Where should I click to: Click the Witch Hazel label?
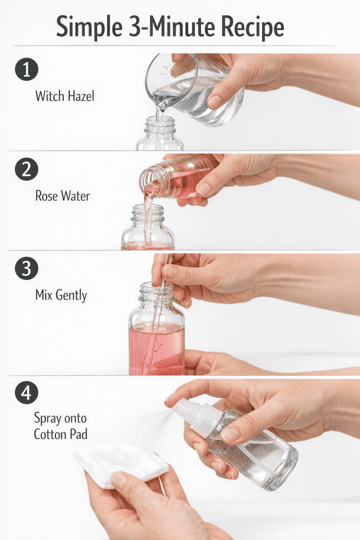tap(65, 96)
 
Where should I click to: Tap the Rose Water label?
tap(63, 195)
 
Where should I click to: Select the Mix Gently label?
tap(61, 295)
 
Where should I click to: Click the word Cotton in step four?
tap(50, 435)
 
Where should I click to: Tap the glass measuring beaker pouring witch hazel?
tap(193, 89)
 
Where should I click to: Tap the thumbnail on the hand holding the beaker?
tap(214, 102)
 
